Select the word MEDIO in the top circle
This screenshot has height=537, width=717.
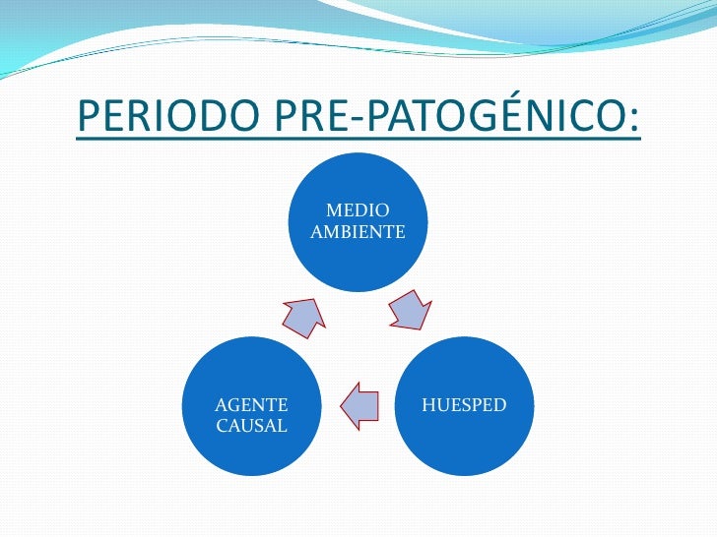[358, 209]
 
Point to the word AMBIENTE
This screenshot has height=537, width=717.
[358, 232]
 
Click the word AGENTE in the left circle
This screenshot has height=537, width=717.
[251, 404]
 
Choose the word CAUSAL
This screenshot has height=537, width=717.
[251, 426]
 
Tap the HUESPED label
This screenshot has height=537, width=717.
[464, 404]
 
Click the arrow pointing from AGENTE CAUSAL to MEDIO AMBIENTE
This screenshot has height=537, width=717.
[303, 316]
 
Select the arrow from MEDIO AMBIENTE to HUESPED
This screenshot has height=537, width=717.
[410, 311]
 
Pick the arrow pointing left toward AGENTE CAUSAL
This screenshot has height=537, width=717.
[359, 403]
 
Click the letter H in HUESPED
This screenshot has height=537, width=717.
[428, 404]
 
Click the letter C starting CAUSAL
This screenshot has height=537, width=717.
[222, 426]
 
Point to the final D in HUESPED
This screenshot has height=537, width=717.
[499, 404]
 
